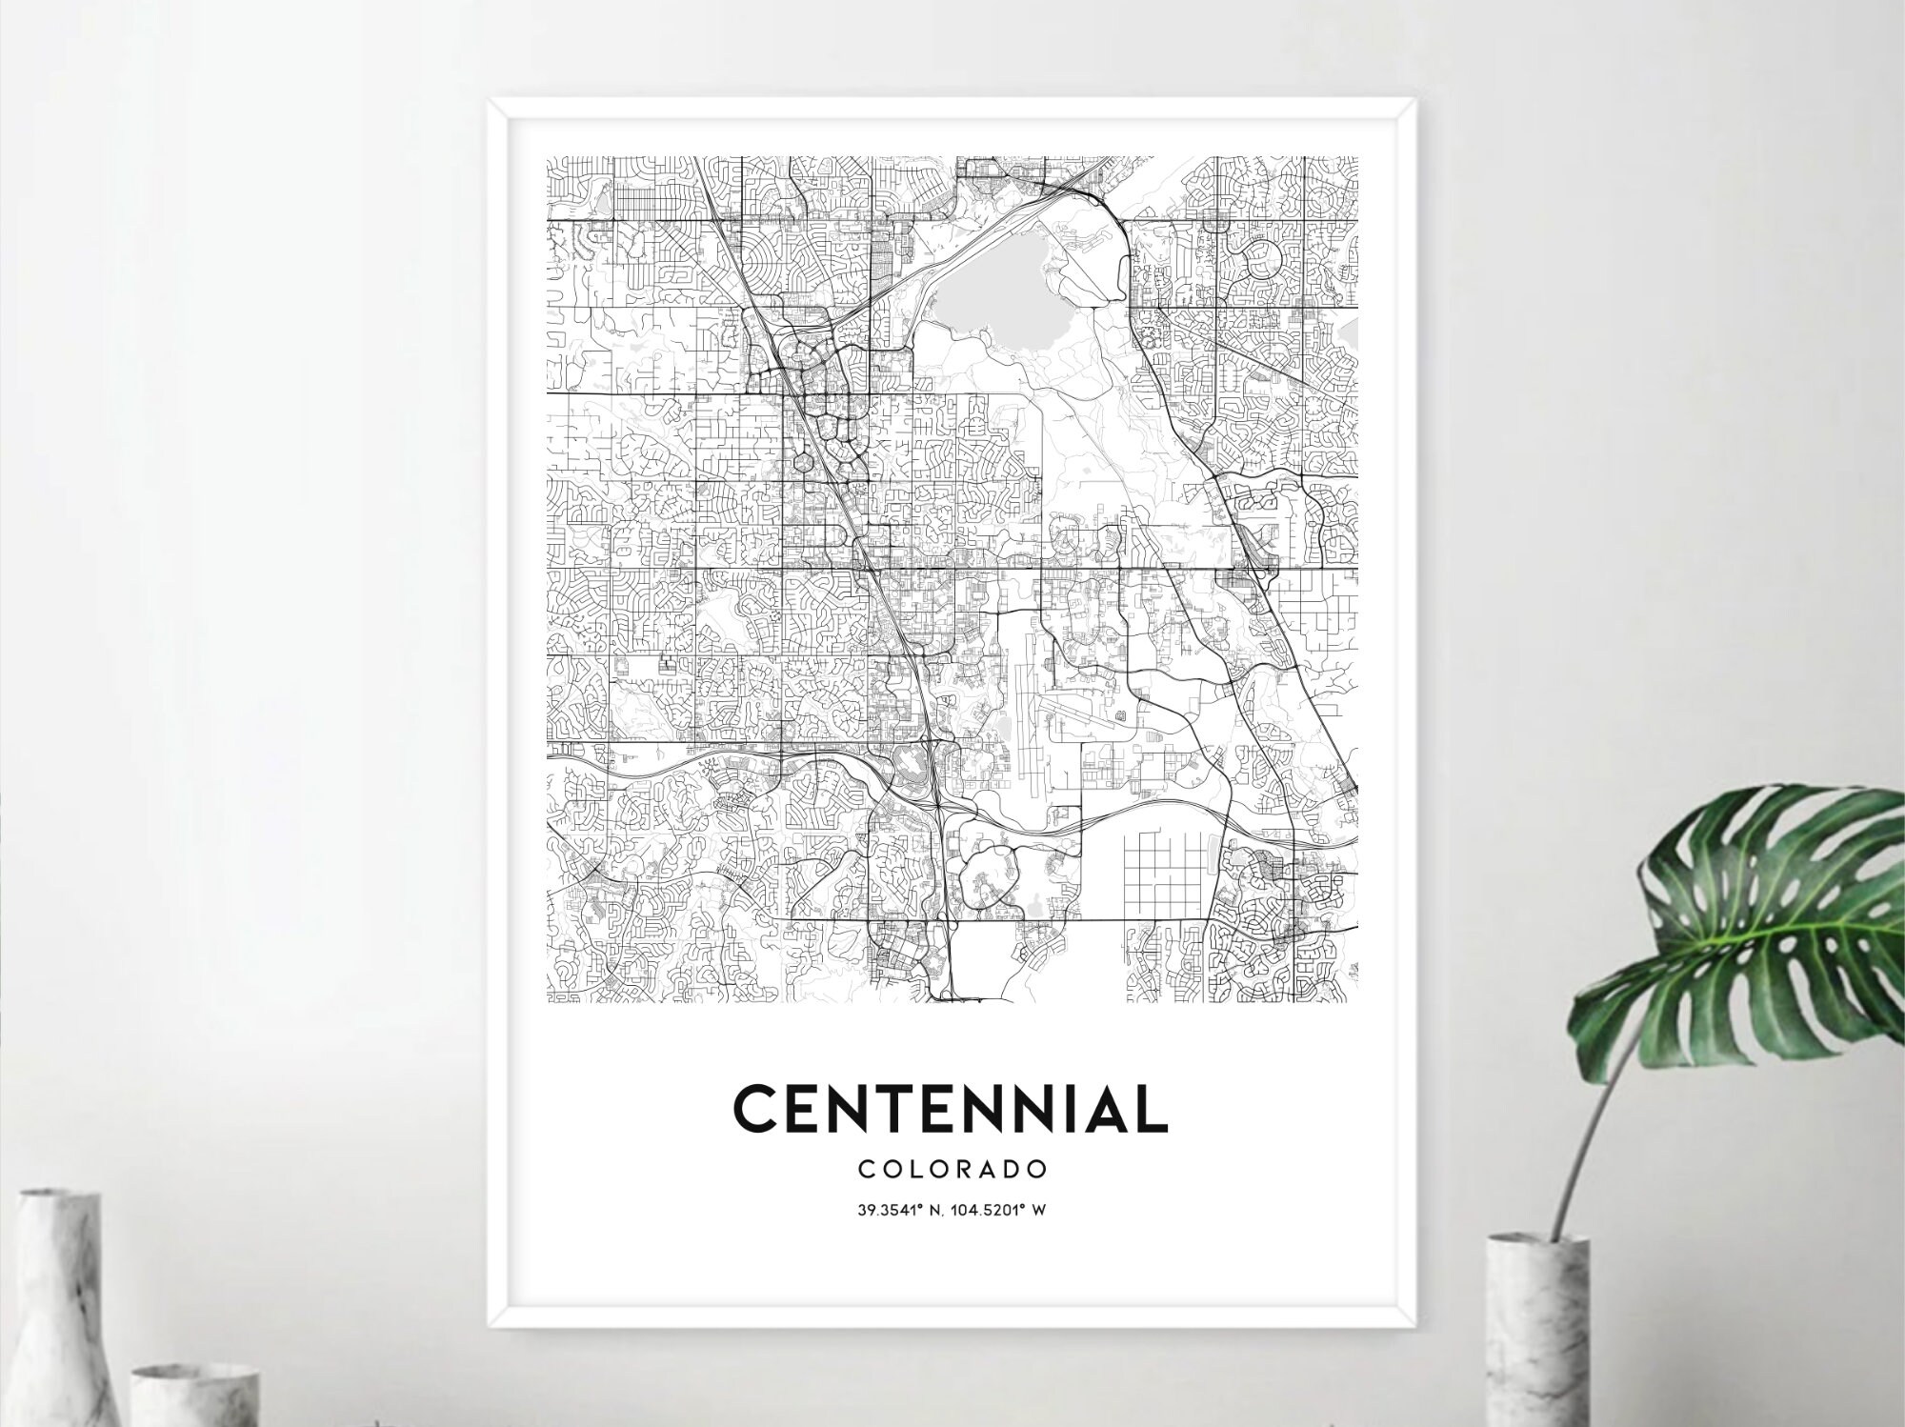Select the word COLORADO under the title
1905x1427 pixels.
click(x=952, y=1168)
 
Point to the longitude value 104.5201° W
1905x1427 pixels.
click(x=1006, y=1212)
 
